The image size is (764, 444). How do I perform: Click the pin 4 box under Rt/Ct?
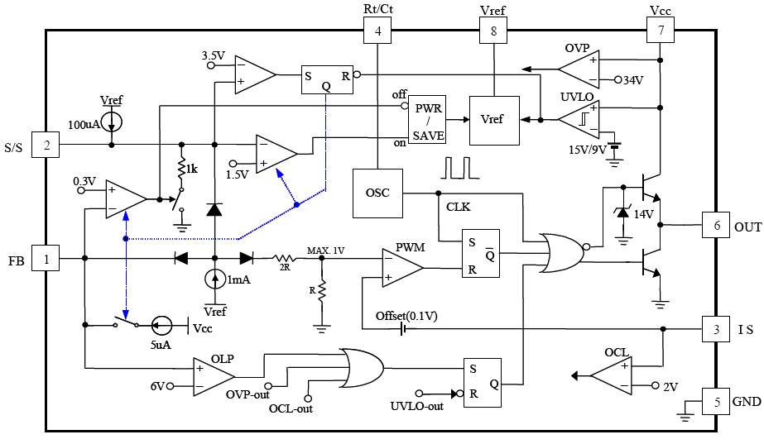click(377, 32)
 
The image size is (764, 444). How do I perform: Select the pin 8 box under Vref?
click(494, 32)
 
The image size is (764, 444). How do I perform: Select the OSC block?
click(377, 193)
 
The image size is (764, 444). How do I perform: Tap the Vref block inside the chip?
click(494, 120)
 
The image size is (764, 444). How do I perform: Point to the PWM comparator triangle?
click(402, 267)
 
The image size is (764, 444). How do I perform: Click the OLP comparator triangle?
click(213, 376)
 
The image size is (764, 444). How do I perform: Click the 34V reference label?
click(633, 81)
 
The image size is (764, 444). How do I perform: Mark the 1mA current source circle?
click(214, 279)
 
